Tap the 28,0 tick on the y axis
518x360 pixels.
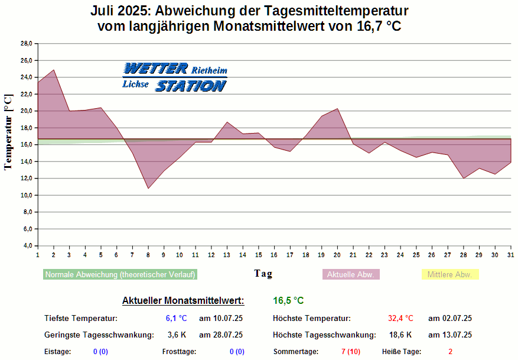tap(26, 44)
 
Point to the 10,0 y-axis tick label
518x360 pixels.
tap(26, 195)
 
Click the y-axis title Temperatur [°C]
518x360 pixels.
tap(8, 132)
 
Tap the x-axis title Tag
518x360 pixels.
tap(263, 274)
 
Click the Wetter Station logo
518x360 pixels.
tap(175, 77)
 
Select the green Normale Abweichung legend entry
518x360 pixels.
tap(120, 275)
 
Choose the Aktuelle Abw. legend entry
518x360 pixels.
tap(351, 275)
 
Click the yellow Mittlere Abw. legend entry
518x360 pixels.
tap(449, 275)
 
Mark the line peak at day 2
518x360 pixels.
tap(54, 70)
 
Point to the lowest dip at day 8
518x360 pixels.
tap(148, 189)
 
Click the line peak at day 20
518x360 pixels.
tap(337, 109)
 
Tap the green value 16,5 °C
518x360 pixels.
tap(288, 301)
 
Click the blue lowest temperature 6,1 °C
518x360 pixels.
tap(176, 319)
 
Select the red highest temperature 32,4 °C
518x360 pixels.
tap(400, 319)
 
